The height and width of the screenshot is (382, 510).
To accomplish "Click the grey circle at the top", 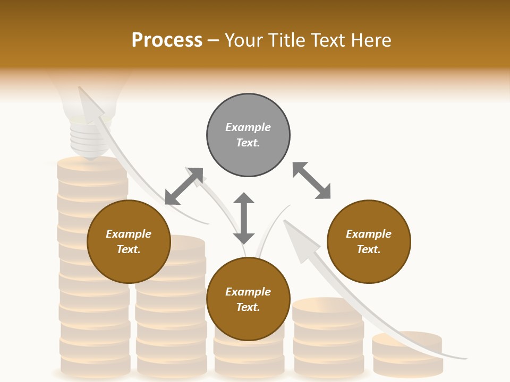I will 248,135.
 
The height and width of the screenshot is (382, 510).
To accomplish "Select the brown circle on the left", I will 129,241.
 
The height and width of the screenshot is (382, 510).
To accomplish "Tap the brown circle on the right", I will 369,241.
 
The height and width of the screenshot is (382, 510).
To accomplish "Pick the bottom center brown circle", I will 248,299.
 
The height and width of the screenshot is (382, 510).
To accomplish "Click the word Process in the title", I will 167,40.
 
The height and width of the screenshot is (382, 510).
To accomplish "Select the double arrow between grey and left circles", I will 184,186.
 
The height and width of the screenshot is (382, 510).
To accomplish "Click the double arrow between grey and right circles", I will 311,180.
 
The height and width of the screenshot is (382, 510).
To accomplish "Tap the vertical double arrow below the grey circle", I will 244,218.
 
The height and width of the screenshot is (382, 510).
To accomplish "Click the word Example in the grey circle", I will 248,127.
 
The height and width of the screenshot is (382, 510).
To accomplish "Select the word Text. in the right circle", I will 369,249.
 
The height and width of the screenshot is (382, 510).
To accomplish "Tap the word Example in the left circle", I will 129,234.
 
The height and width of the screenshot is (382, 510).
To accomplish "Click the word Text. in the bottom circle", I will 248,307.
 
